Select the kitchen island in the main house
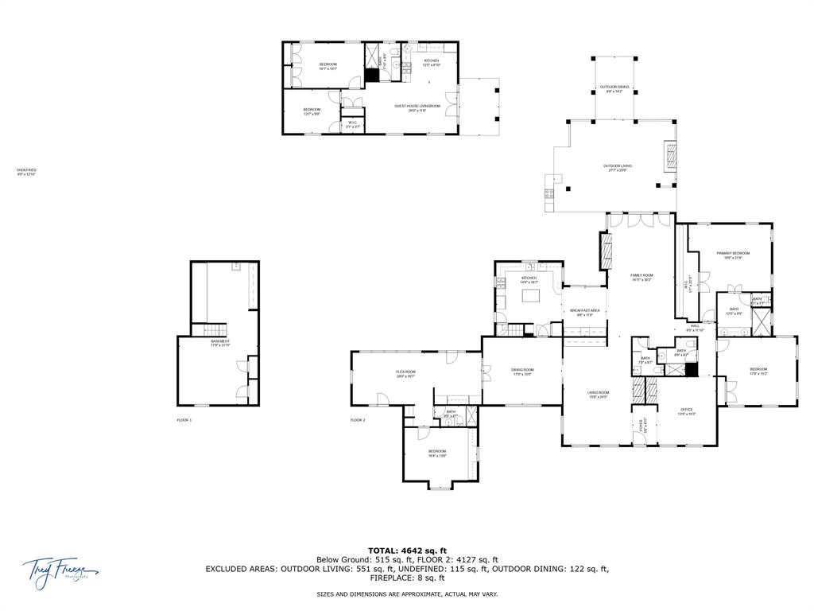[530, 297]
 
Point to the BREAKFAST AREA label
[584, 312]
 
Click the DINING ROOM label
[522, 372]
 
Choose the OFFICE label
[686, 412]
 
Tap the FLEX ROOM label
[406, 373]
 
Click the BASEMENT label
[220, 343]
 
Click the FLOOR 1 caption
[184, 419]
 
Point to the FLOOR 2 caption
[358, 419]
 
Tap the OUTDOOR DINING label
[614, 88]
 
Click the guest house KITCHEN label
[431, 62]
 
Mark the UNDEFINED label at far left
[26, 171]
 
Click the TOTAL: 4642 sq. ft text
[407, 551]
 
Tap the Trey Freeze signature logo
[60, 570]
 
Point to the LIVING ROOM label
[598, 394]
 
